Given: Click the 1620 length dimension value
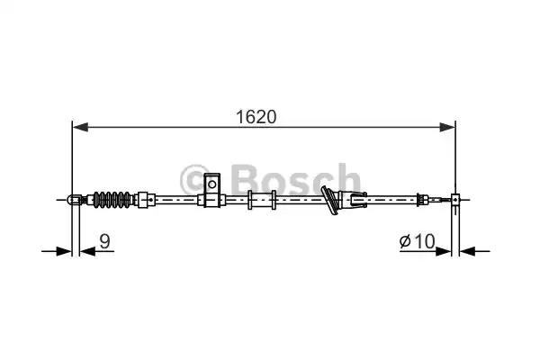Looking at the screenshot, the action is coord(256,117).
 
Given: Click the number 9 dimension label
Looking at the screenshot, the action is coord(104,241).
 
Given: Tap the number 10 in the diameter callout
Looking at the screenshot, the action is coord(424,241).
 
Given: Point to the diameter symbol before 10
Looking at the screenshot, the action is coord(406,241).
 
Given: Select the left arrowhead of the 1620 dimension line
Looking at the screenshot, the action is coord(80,127).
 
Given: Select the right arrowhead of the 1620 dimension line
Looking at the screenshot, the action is coord(447,127).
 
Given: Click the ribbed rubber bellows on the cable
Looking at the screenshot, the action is coord(112,200).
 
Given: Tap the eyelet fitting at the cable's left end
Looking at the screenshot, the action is coord(75,200).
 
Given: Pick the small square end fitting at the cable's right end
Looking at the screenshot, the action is coord(455,200).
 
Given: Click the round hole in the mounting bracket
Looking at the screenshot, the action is coord(212,184).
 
